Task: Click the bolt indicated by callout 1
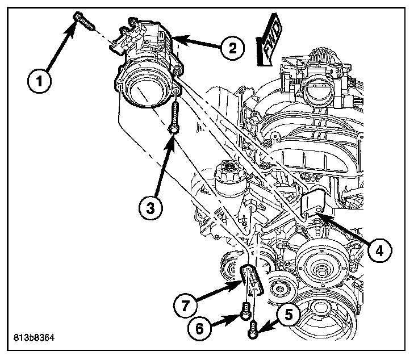tap(82, 22)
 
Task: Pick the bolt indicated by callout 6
tap(245, 311)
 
